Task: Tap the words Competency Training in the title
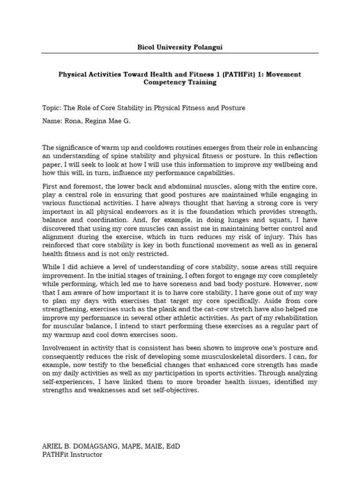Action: coord(180,82)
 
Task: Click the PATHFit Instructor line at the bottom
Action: coord(72,454)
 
